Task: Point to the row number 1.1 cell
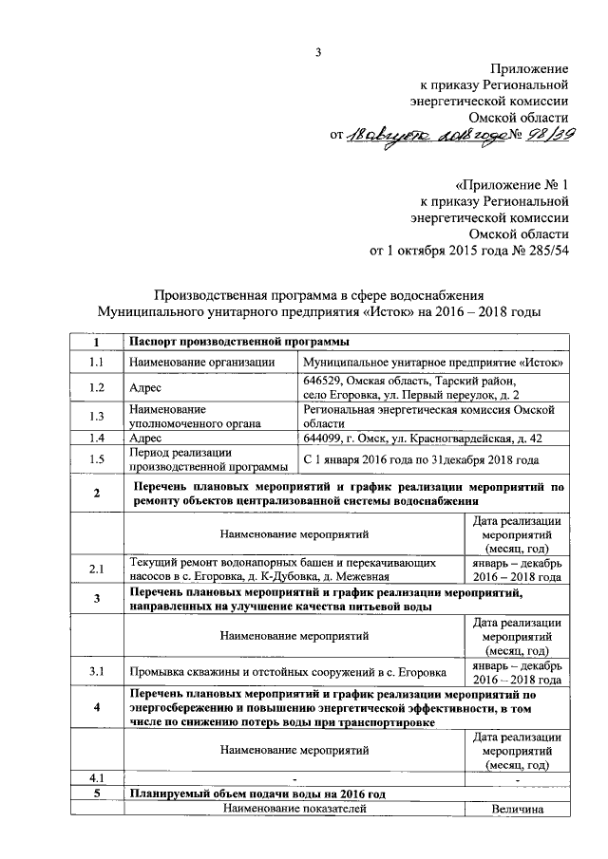96,362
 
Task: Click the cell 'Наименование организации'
201,362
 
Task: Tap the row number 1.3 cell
96,416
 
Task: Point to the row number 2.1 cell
96,570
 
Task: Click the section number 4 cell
96,708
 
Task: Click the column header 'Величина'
516,809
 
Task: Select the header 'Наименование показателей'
294,809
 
